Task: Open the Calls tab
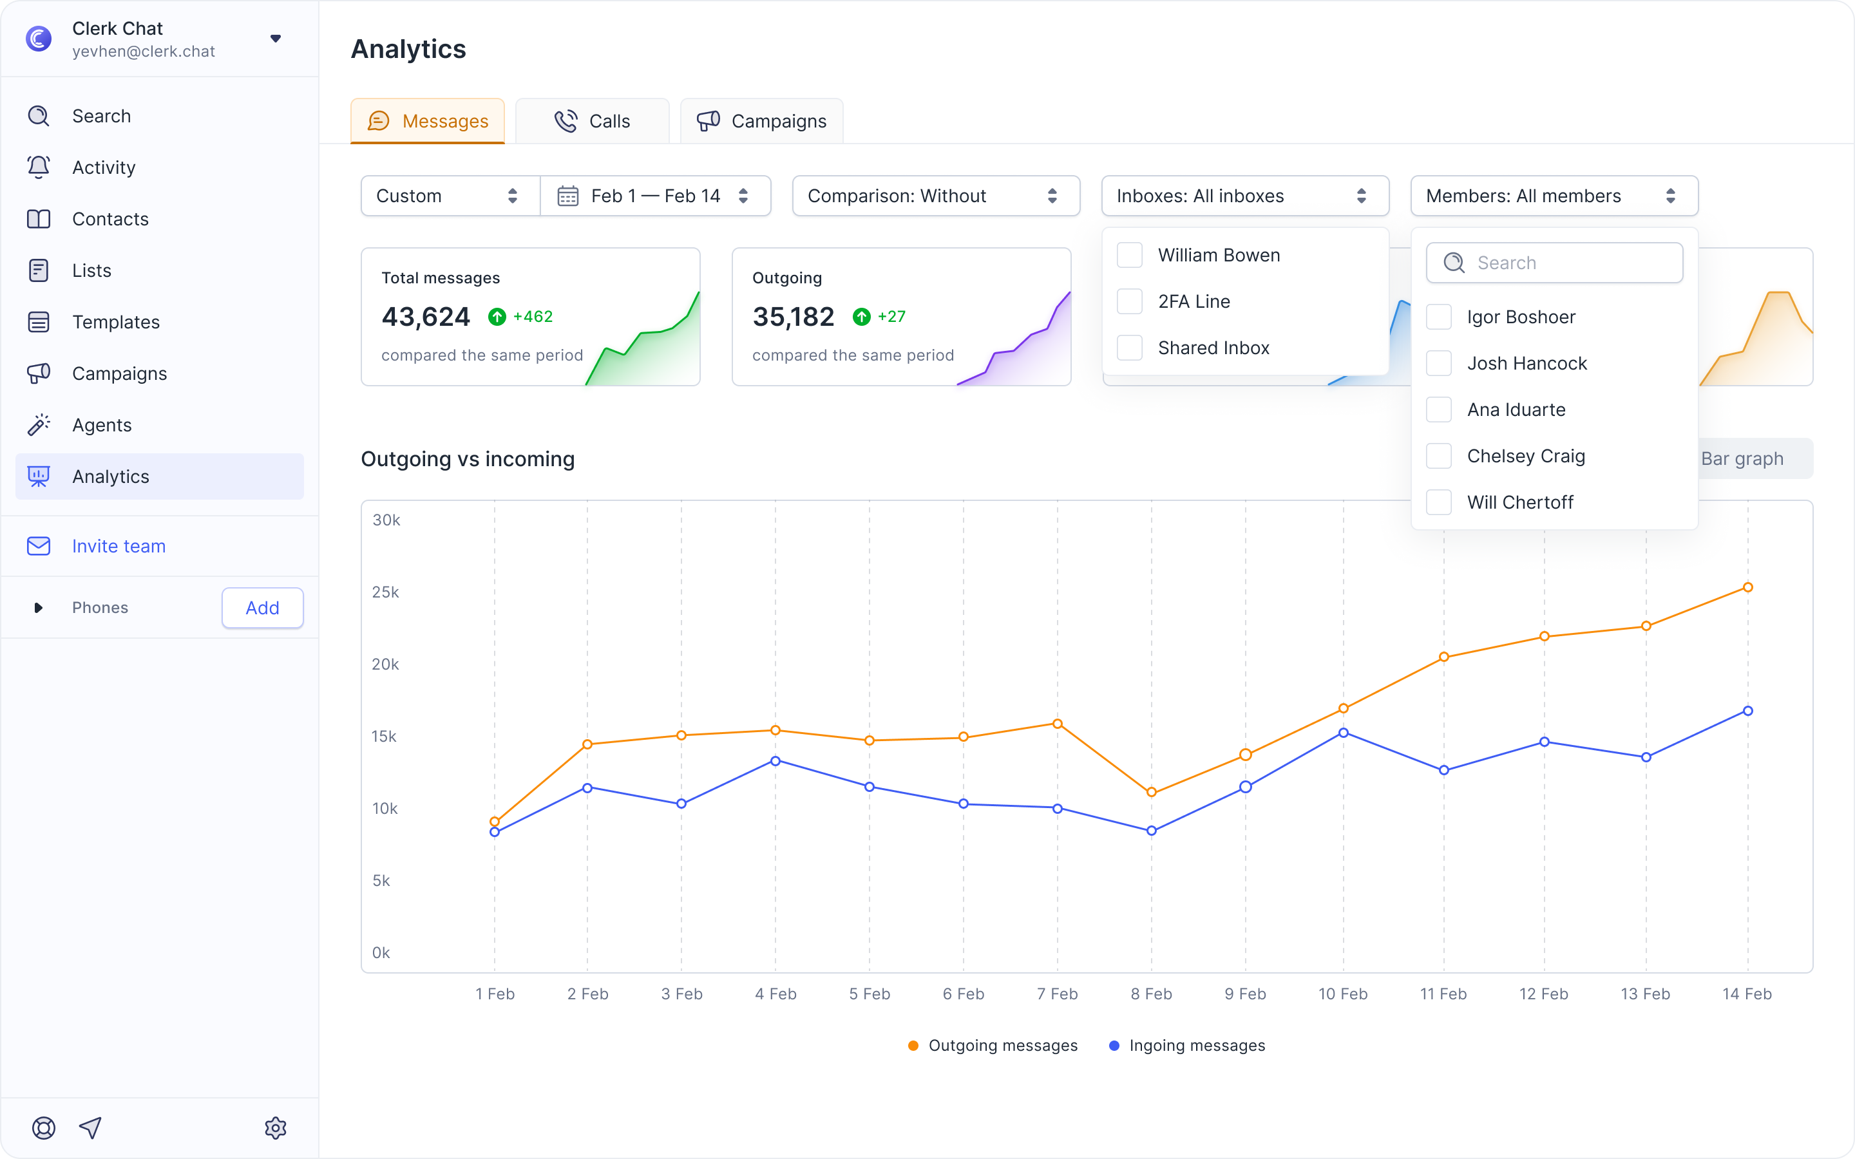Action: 592,121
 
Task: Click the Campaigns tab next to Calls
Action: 761,121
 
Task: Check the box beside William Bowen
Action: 1130,255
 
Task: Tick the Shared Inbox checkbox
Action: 1130,348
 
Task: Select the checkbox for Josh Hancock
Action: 1439,363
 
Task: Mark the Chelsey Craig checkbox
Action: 1439,456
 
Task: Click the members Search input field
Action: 1554,263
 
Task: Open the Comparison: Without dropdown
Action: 936,196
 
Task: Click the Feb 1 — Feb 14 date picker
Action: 656,196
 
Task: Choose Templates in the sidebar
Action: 116,322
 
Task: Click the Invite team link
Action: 119,546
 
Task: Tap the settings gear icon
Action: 275,1127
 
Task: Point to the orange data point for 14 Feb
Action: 1747,587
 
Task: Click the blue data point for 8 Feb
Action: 1152,830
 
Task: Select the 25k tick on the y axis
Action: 386,592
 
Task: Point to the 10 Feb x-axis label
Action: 1343,994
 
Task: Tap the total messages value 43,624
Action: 425,317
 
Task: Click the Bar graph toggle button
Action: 1742,458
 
